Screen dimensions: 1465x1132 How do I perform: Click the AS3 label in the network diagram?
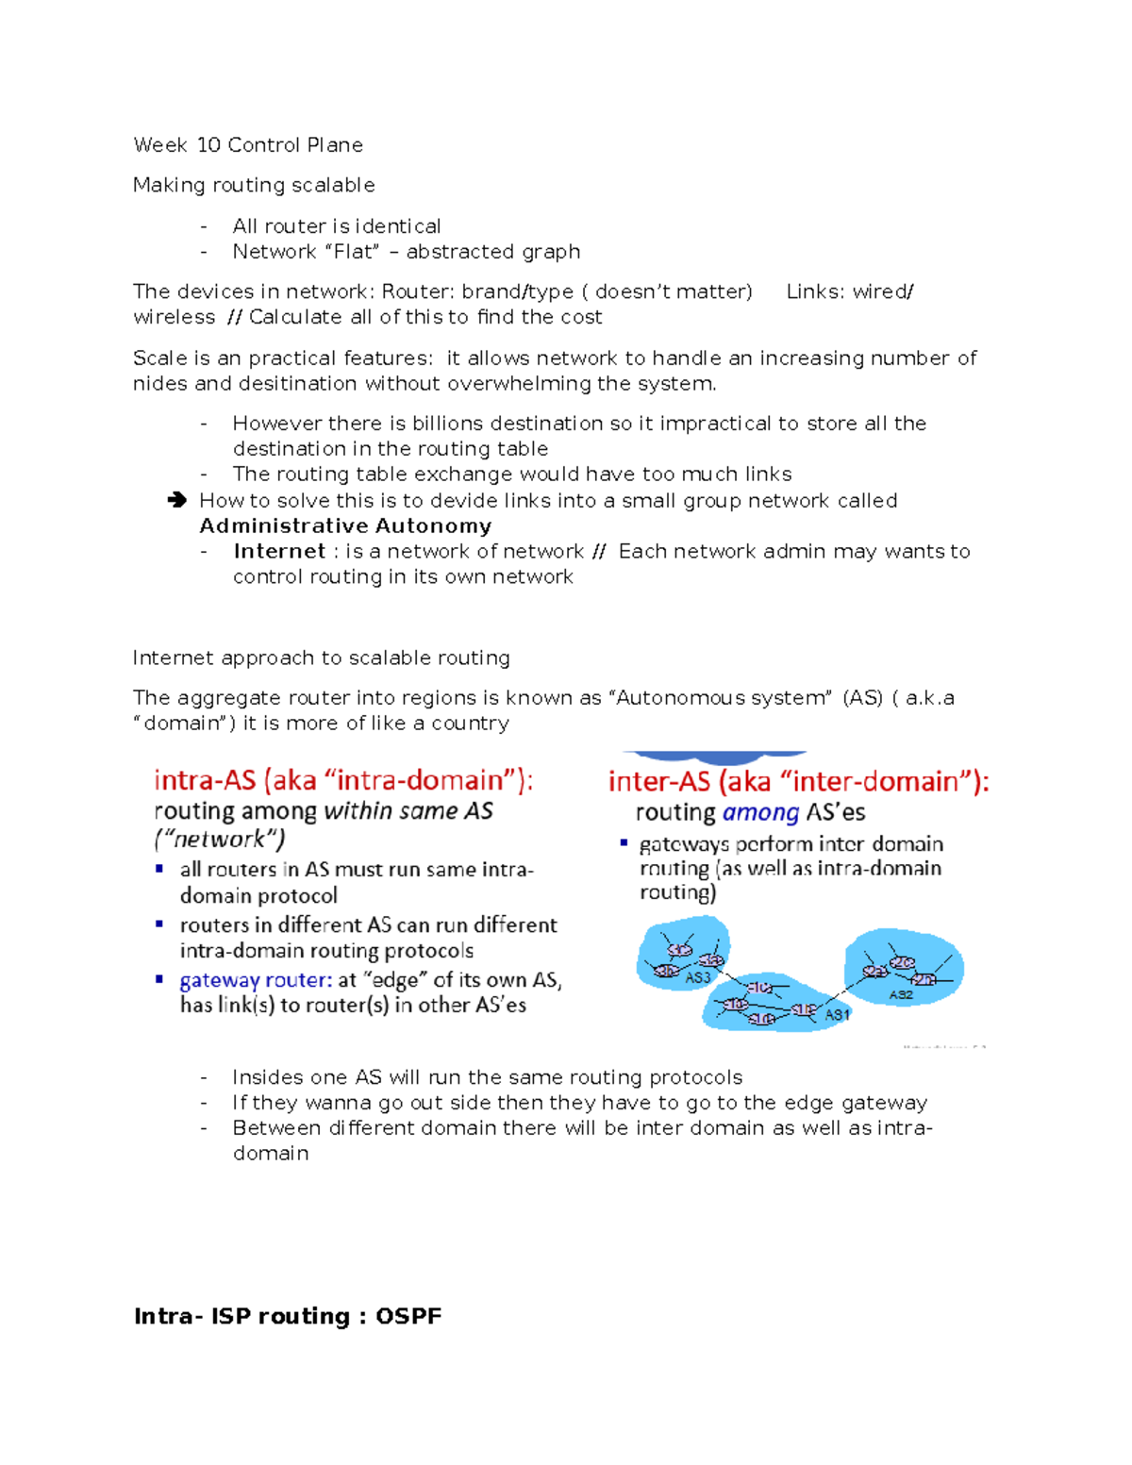point(697,978)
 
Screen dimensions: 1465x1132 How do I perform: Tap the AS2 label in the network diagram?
point(901,994)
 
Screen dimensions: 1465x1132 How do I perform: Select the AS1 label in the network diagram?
point(837,1015)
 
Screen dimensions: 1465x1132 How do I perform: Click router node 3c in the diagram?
point(679,950)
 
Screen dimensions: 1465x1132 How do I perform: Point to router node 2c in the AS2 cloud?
point(903,962)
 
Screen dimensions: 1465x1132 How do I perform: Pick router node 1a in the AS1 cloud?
point(736,1005)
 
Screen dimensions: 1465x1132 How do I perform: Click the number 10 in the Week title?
point(208,145)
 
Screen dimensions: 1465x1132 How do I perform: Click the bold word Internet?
point(279,552)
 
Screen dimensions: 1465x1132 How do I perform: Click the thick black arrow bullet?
point(176,501)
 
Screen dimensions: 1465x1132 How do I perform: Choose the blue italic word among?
point(760,813)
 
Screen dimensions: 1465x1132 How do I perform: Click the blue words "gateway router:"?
point(256,981)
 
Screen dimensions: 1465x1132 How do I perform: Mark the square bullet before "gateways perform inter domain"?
point(624,842)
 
